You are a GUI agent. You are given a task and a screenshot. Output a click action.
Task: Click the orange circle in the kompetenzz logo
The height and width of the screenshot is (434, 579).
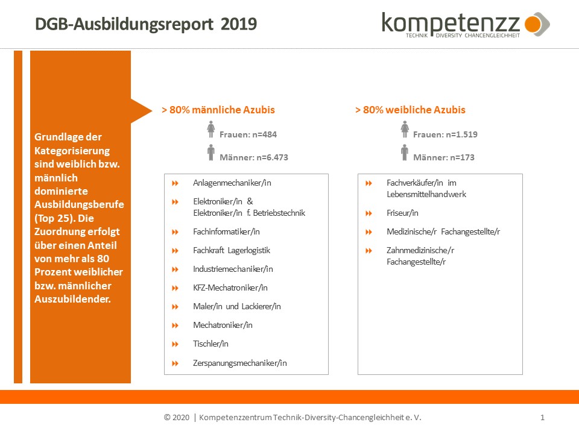(x=533, y=24)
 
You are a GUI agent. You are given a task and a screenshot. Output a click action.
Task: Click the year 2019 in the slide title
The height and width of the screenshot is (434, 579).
(x=239, y=24)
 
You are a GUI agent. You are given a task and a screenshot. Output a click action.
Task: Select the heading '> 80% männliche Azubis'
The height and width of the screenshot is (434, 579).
(x=218, y=110)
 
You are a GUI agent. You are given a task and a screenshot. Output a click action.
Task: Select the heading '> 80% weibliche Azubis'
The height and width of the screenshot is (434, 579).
(x=410, y=110)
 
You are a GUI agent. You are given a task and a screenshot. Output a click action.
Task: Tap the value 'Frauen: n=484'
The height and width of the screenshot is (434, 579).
(x=248, y=134)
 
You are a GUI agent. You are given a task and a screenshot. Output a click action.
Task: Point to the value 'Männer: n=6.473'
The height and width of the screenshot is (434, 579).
(x=253, y=157)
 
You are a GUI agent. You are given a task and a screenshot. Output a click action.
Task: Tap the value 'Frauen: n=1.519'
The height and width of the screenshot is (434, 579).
(x=445, y=134)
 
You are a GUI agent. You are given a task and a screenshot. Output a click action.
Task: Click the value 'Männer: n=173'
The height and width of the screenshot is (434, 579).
(x=443, y=157)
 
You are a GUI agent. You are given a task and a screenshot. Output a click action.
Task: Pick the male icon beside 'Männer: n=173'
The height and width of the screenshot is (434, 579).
(x=405, y=153)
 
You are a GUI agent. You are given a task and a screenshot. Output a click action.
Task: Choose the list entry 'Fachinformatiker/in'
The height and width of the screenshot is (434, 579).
(x=226, y=231)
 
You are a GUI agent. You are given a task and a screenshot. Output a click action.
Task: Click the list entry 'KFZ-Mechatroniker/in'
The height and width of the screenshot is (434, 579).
(x=230, y=288)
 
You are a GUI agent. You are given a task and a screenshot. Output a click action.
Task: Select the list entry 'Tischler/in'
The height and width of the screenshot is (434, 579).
(x=210, y=344)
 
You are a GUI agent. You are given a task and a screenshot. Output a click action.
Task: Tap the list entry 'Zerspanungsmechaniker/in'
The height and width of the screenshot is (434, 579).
(x=239, y=363)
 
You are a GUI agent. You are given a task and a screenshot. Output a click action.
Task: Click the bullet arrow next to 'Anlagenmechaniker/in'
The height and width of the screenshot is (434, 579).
(x=176, y=183)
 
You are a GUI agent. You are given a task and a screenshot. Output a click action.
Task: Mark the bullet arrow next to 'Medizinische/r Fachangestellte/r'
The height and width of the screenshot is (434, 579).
(x=369, y=231)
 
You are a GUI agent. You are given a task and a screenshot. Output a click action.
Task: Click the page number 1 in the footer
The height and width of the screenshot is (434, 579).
(x=543, y=417)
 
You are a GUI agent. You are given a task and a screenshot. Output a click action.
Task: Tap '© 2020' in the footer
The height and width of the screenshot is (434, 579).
(x=177, y=418)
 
